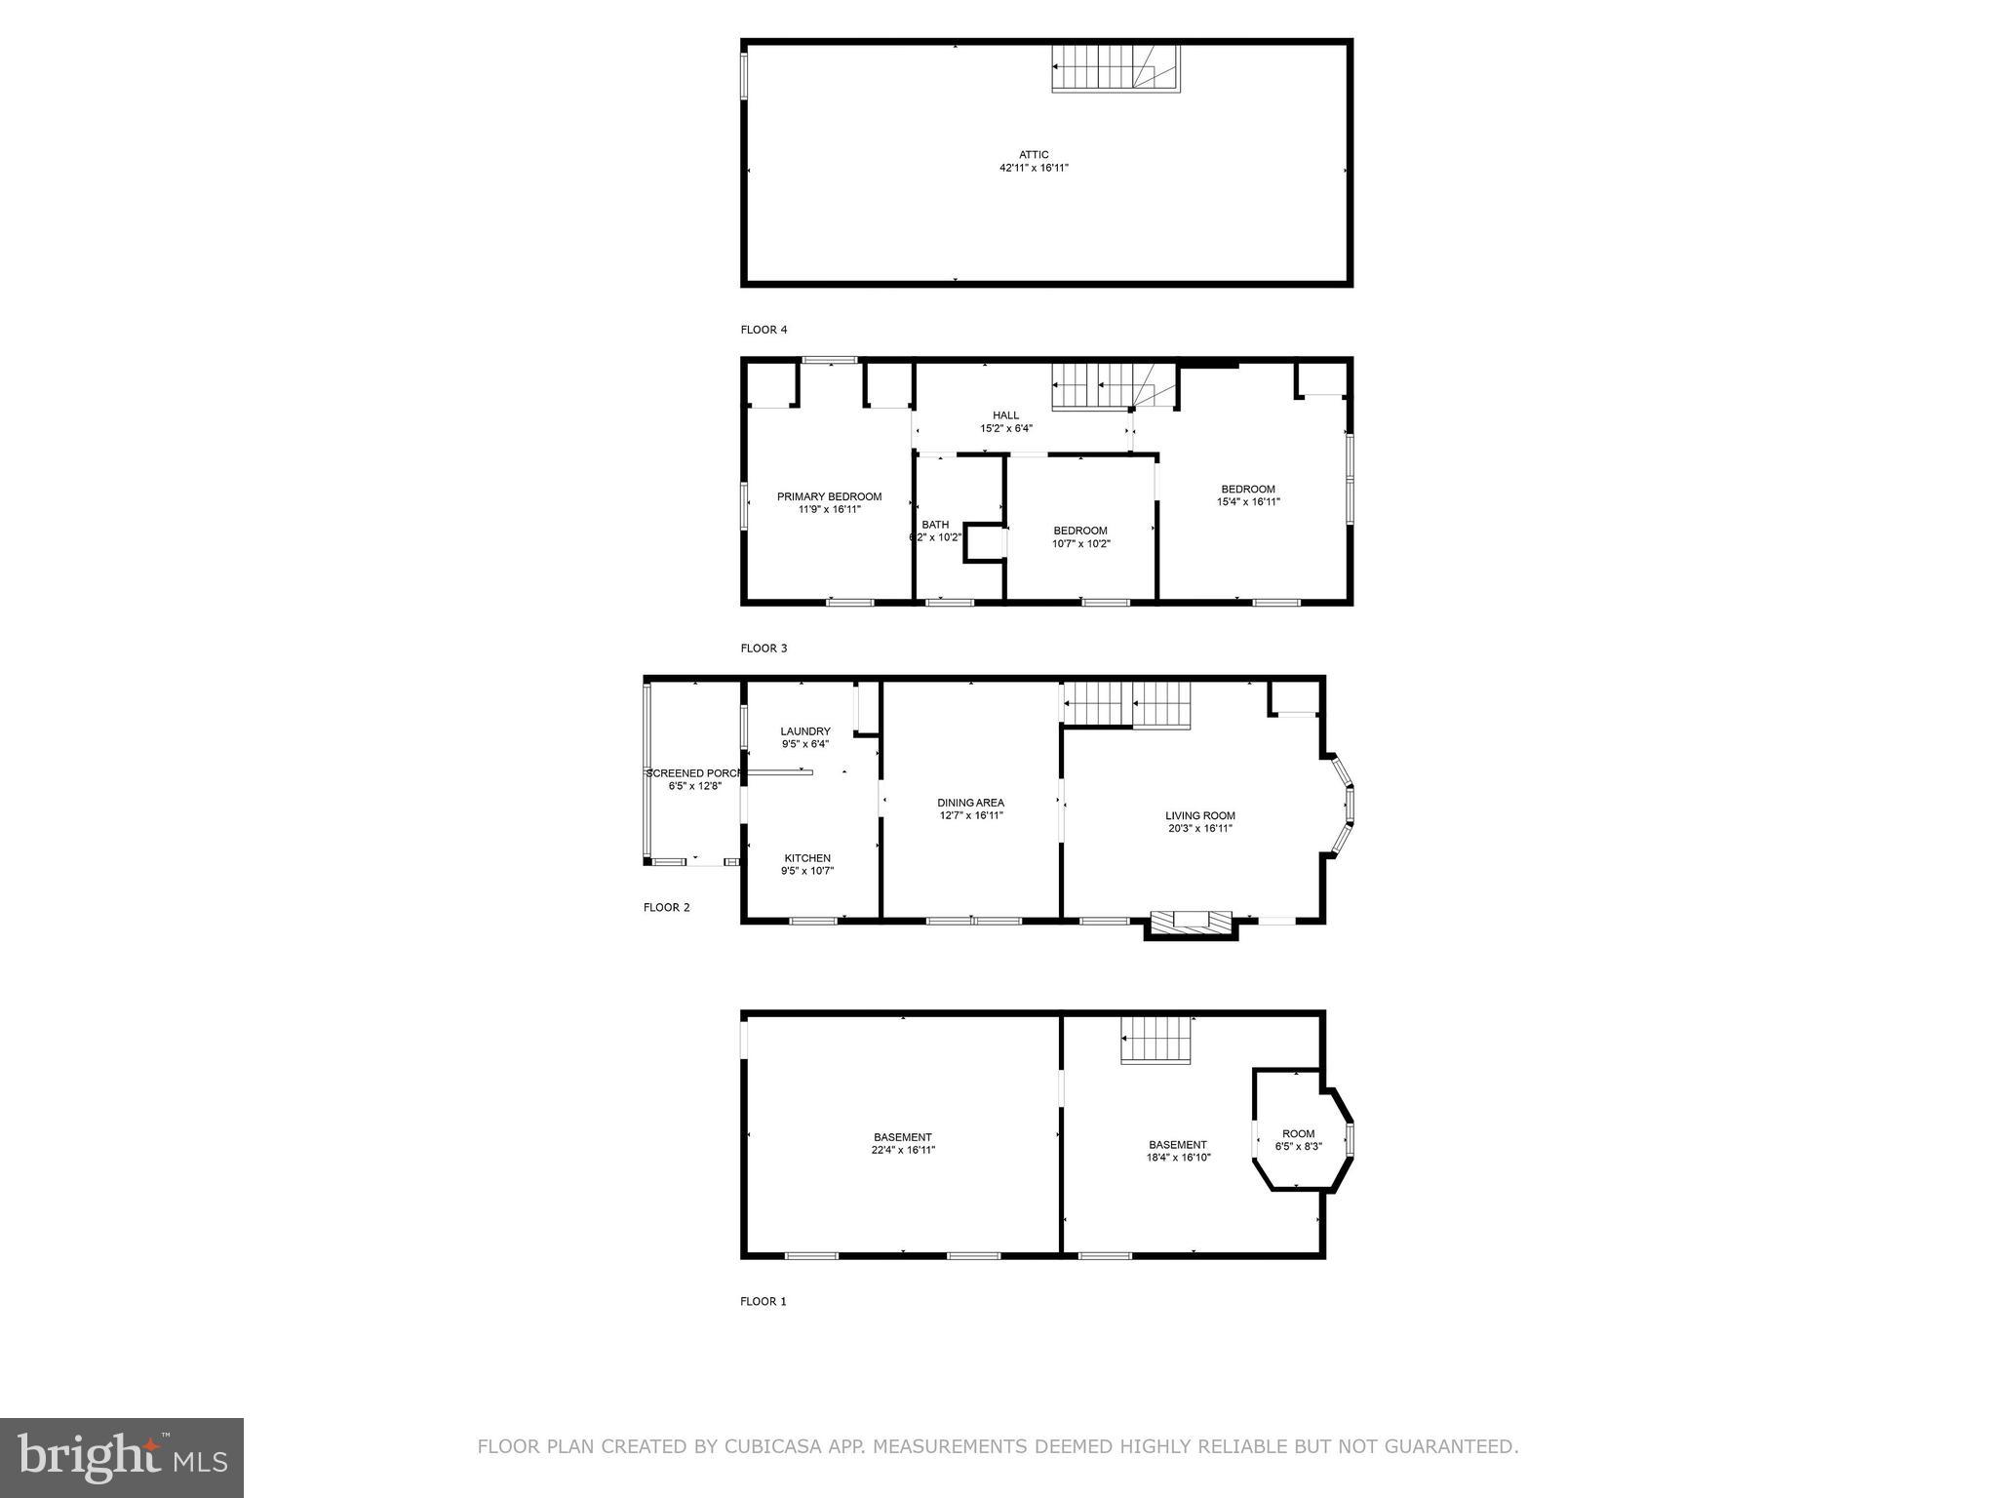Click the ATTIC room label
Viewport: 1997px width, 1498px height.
(1034, 155)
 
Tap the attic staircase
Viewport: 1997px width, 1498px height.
(1115, 69)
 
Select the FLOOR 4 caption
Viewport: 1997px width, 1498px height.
(764, 330)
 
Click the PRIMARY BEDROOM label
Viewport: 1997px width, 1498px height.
(829, 497)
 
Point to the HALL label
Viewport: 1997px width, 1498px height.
(1005, 415)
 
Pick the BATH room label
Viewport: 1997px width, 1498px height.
(935, 525)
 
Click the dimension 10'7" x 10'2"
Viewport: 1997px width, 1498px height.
(1080, 544)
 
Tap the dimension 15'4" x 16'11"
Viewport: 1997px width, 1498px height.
(1248, 502)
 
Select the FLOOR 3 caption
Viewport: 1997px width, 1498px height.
(764, 649)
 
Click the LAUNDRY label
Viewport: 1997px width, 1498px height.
(805, 731)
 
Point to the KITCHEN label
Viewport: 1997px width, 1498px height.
(807, 858)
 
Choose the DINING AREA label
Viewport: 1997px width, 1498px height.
(970, 804)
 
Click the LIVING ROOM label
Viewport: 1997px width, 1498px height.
(1200, 816)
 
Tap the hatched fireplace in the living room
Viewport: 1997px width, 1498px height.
(1191, 922)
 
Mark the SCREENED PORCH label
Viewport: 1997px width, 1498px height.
(694, 773)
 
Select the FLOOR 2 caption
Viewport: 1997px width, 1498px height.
(666, 908)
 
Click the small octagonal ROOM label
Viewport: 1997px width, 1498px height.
(1298, 1133)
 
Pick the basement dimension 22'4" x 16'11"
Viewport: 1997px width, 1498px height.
(903, 1150)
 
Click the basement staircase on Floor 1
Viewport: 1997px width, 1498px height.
(1156, 1040)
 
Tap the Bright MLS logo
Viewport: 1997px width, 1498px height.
(122, 1457)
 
